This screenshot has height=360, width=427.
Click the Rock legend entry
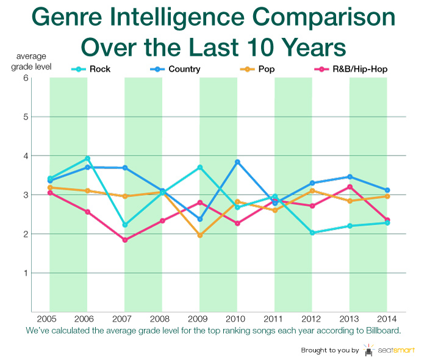pyautogui.click(x=91, y=69)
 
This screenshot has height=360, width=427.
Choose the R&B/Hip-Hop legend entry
pyautogui.click(x=354, y=69)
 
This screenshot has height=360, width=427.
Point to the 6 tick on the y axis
pyautogui.click(x=43, y=77)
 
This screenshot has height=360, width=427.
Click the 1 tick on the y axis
pyautogui.click(x=43, y=273)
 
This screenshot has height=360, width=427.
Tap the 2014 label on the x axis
pyautogui.click(x=387, y=320)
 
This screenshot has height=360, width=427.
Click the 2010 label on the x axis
pyautogui.click(x=237, y=320)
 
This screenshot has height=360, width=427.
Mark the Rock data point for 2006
pyautogui.click(x=87, y=159)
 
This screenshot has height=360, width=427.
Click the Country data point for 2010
pyautogui.click(x=237, y=162)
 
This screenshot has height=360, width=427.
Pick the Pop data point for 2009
pyautogui.click(x=199, y=235)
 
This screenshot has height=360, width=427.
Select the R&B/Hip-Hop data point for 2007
pyautogui.click(x=124, y=240)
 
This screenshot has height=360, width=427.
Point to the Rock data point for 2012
pyautogui.click(x=312, y=232)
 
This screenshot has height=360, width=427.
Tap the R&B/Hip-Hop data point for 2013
pyautogui.click(x=350, y=187)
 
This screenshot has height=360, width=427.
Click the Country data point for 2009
pyautogui.click(x=199, y=219)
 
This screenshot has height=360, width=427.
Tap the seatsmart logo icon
pyautogui.click(x=368, y=350)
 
